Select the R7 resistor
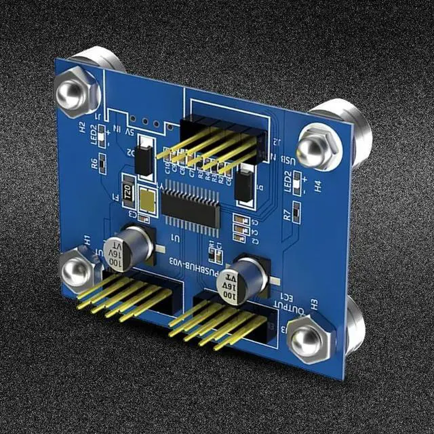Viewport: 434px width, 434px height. click(297, 211)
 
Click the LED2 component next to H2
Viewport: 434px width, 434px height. click(103, 138)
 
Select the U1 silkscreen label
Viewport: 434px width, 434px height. click(177, 239)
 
